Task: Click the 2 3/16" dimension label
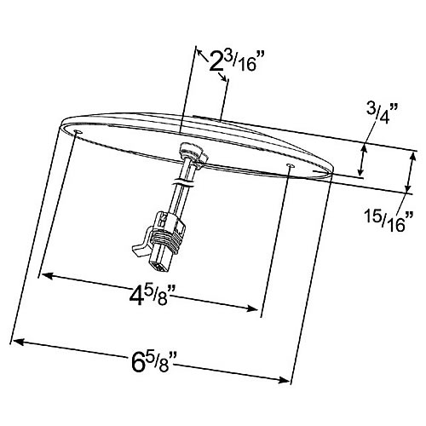pyautogui.click(x=233, y=61)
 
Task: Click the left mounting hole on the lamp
pyautogui.click(x=78, y=132)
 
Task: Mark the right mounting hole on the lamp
pyautogui.click(x=291, y=165)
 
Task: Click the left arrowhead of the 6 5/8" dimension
pyautogui.click(x=18, y=343)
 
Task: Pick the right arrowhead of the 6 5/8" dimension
pyautogui.click(x=285, y=380)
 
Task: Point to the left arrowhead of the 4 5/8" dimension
pyautogui.click(x=47, y=275)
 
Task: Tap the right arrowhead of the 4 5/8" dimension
pyautogui.click(x=252, y=308)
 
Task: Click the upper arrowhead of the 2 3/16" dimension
pyautogui.click(x=200, y=53)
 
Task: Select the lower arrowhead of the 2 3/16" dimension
pyautogui.click(x=223, y=78)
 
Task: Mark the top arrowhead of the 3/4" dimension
pyautogui.click(x=364, y=149)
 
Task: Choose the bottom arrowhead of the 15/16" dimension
pyautogui.click(x=408, y=188)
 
